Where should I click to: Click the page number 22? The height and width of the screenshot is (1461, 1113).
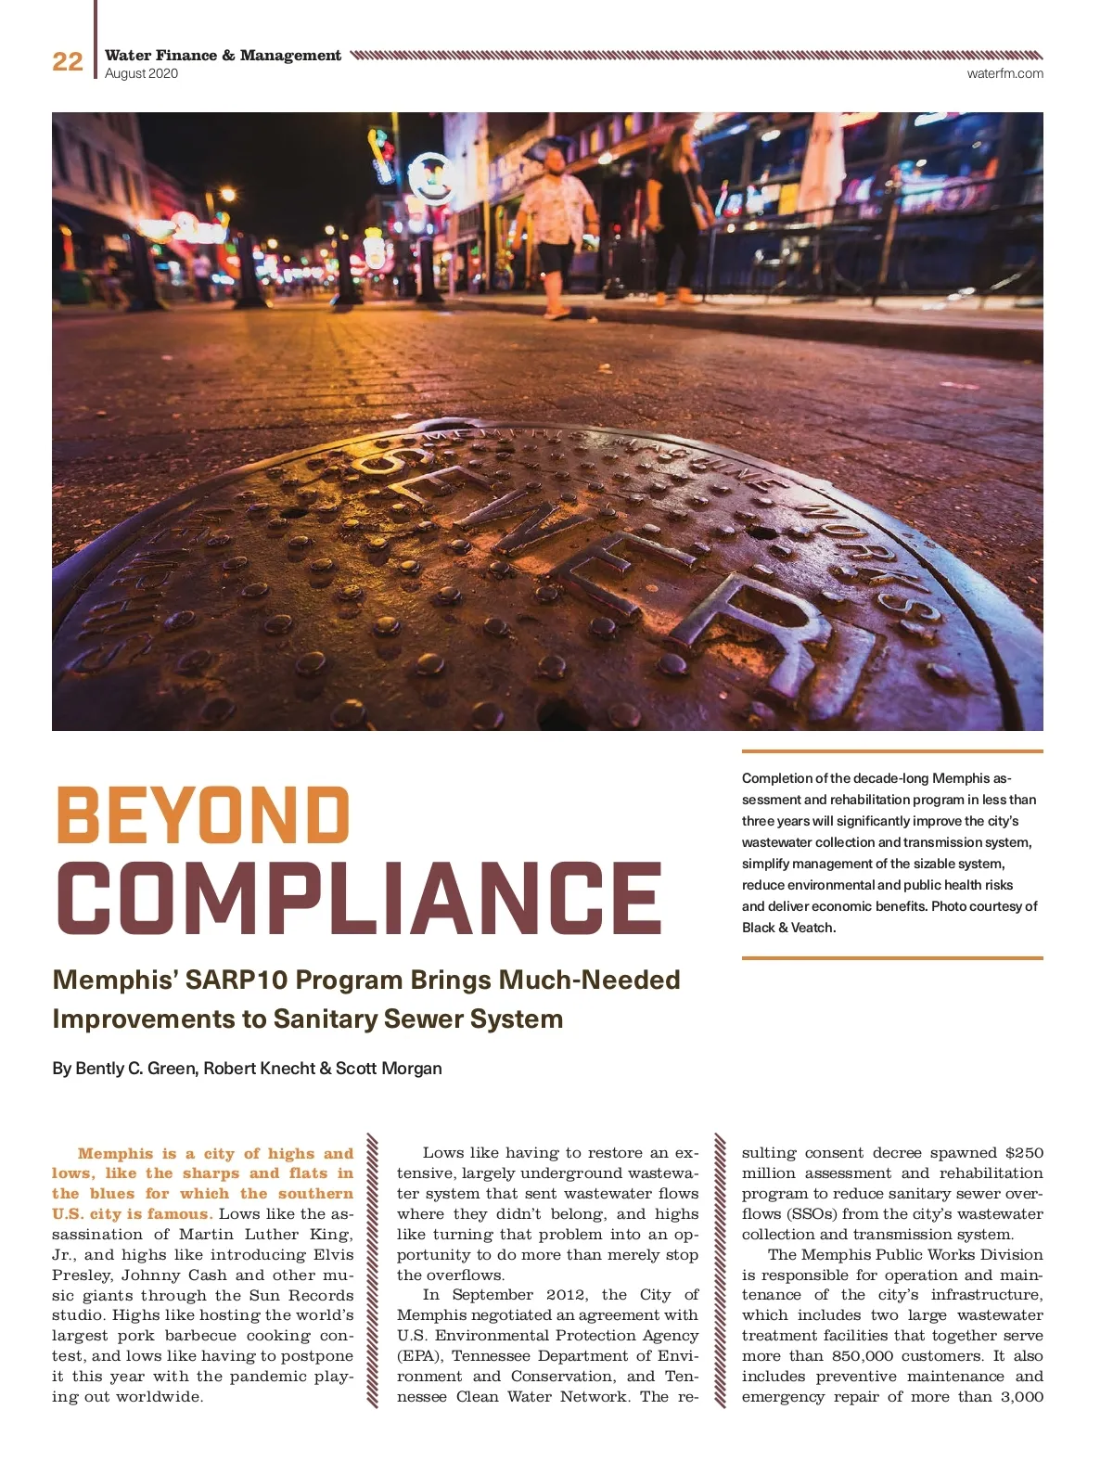click(x=67, y=61)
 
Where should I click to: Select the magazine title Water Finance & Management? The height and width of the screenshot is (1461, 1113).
click(x=223, y=56)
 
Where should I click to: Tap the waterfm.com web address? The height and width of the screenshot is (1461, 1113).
click(x=1004, y=73)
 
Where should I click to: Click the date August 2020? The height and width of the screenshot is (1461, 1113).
click(x=141, y=73)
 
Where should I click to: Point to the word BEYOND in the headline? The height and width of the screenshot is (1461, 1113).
click(x=203, y=814)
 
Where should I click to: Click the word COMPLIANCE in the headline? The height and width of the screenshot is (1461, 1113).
click(x=360, y=897)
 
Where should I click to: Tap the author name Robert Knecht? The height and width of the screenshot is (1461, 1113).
click(x=259, y=1068)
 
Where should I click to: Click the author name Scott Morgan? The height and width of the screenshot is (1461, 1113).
click(x=389, y=1068)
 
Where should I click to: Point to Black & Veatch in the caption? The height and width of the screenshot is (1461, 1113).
click(x=788, y=927)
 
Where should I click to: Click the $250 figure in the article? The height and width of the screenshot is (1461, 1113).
click(x=1024, y=1153)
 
